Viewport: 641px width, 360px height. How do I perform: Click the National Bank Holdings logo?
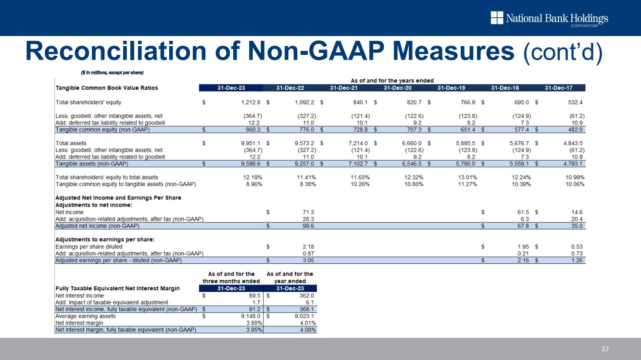549,19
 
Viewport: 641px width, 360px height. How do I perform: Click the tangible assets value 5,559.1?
520,163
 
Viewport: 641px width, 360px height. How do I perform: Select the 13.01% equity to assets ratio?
465,177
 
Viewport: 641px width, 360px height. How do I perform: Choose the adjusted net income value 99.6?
306,226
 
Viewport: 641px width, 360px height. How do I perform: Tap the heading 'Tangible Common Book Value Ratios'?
107,88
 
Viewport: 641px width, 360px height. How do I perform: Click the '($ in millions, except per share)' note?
113,73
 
